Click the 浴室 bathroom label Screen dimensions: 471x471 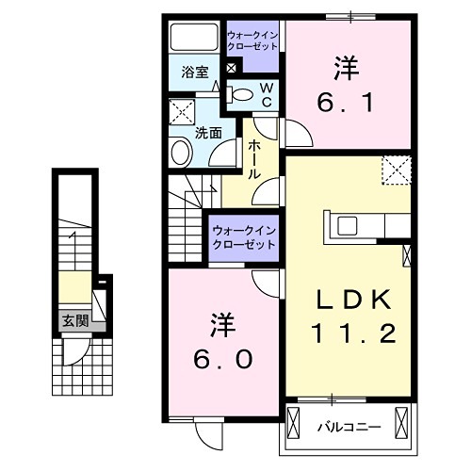tap(194, 69)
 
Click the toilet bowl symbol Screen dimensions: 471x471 tap(242, 93)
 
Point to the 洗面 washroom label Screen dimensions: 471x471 tap(208, 133)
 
